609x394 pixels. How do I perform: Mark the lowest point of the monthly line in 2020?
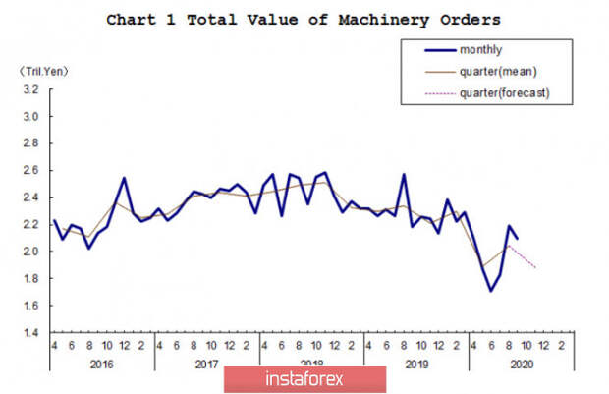pyautogui.click(x=488, y=291)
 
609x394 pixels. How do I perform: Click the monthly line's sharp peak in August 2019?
pyautogui.click(x=404, y=175)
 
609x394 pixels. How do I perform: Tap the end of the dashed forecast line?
pyautogui.click(x=536, y=268)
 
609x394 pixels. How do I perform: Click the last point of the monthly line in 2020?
pyautogui.click(x=519, y=240)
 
